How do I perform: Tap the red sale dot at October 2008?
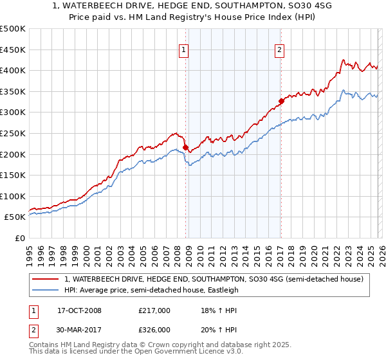pyautogui.click(x=186, y=147)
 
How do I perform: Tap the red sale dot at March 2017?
pyautogui.click(x=281, y=101)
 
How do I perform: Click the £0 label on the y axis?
pyautogui.click(x=19, y=238)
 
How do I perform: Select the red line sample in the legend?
pyautogui.click(x=45, y=279)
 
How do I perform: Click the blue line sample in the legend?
pyautogui.click(x=45, y=290)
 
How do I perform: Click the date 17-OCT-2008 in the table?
pyautogui.click(x=79, y=310)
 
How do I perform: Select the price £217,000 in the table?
pyautogui.click(x=154, y=310)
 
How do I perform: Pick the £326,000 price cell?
pyautogui.click(x=154, y=330)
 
